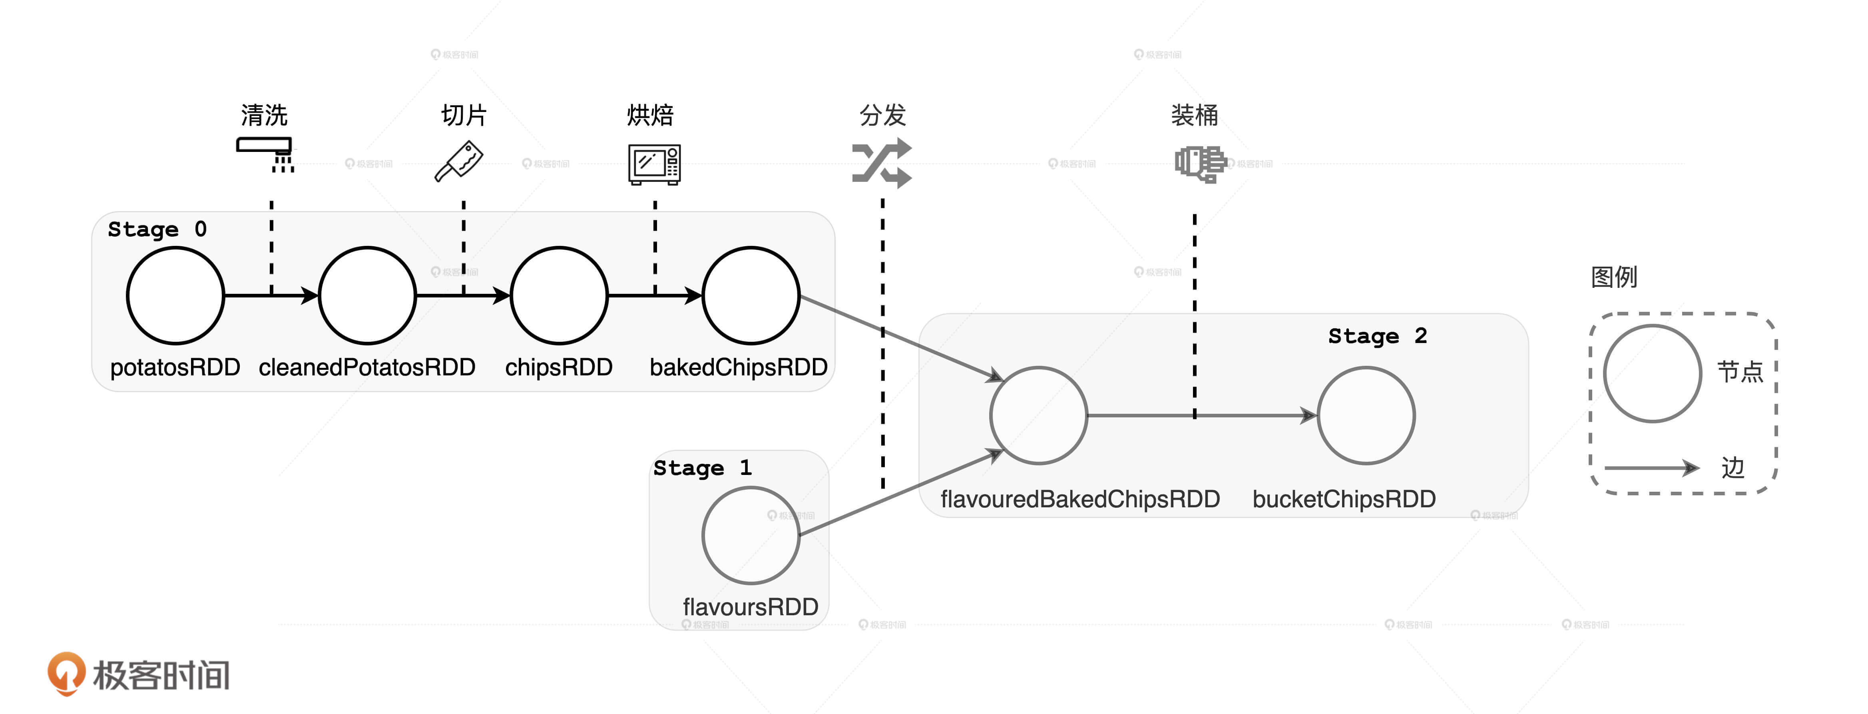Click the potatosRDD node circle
point(175,295)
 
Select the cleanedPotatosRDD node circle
point(367,295)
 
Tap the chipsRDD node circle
point(559,295)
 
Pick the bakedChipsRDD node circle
point(751,295)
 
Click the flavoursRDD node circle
point(751,536)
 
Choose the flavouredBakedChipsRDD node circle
point(1038,415)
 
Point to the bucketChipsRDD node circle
point(1366,415)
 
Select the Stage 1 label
point(702,468)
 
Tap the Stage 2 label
point(1377,336)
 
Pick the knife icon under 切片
point(459,161)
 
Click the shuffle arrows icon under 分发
point(881,163)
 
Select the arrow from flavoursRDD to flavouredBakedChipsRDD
point(899,493)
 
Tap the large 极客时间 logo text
point(161,675)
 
